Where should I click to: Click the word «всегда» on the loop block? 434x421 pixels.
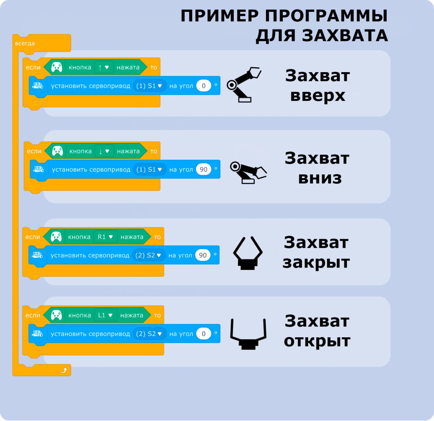25,43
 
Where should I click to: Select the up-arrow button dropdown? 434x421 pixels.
104,67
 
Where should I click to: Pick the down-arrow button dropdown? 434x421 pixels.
104,151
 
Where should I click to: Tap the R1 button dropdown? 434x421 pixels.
105,236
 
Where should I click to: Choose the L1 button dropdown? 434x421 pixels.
105,315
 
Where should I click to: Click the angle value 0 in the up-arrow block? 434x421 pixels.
203,86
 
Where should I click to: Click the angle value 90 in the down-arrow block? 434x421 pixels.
203,169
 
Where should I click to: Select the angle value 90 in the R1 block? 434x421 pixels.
202,255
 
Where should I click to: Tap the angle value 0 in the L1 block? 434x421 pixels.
203,334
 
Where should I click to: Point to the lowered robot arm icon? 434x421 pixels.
248,173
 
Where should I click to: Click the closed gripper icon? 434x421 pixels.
248,253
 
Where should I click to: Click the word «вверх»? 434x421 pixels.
318,96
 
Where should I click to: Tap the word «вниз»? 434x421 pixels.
320,178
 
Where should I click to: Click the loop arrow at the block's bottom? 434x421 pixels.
64,370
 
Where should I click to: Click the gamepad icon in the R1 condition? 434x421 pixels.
56,236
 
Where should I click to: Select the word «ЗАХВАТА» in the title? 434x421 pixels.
345,36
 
